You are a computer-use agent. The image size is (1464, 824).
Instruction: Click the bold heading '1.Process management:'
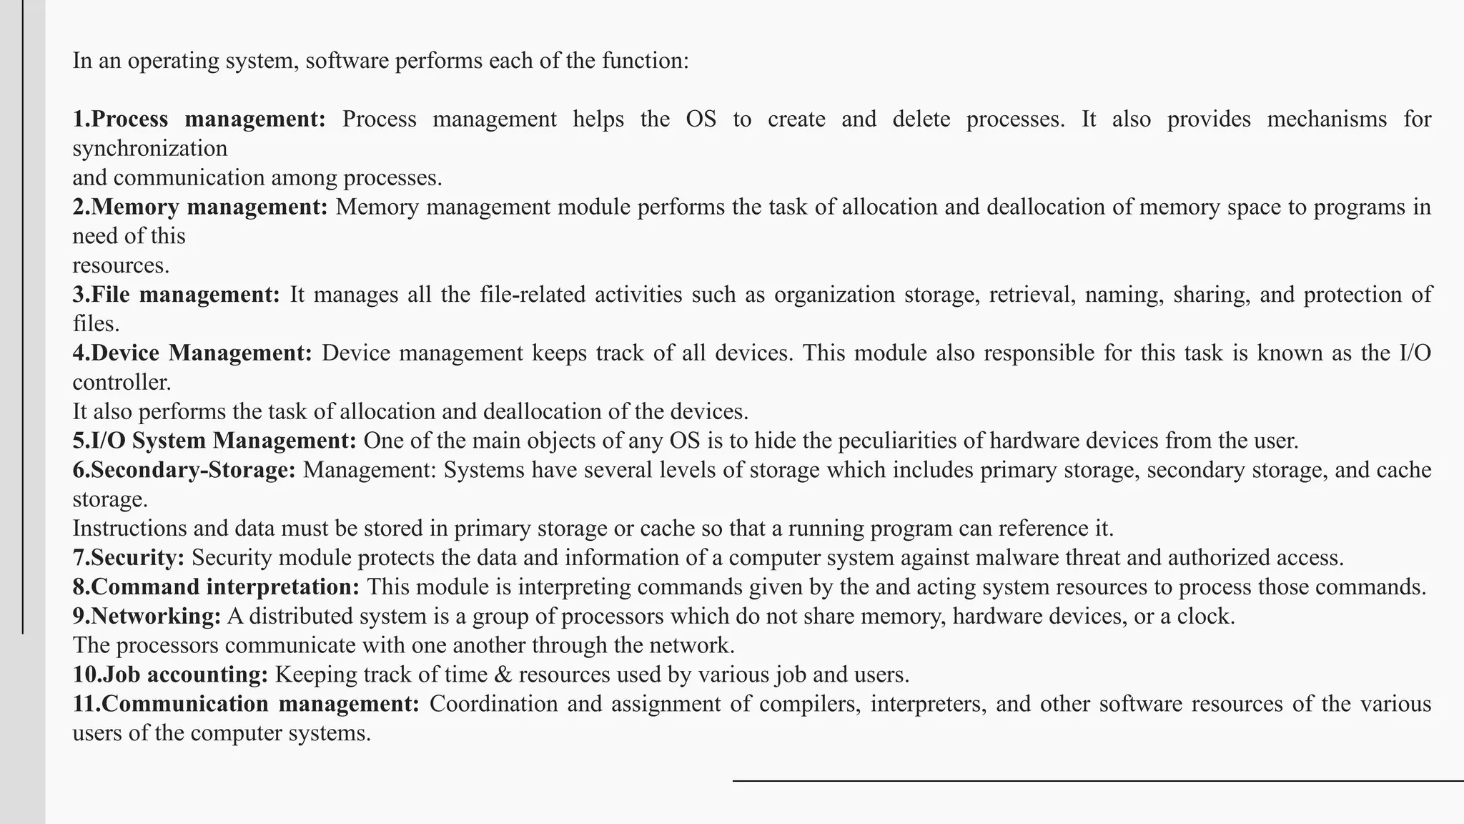click(x=199, y=119)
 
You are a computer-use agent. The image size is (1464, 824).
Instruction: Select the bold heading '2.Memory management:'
click(x=200, y=207)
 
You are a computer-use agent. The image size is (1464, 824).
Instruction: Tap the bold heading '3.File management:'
click(x=177, y=295)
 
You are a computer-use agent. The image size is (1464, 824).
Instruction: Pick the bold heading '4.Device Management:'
click(x=192, y=353)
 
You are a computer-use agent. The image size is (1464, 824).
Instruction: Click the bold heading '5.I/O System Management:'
click(x=214, y=441)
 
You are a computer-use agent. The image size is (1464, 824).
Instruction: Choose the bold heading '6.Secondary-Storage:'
click(x=184, y=470)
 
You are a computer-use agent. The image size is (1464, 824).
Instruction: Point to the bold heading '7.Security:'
click(x=129, y=558)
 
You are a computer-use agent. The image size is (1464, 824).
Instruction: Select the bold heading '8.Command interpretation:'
click(x=216, y=587)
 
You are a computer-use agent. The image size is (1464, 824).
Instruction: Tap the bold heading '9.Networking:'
click(x=147, y=617)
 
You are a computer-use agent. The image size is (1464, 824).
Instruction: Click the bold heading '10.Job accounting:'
click(x=170, y=675)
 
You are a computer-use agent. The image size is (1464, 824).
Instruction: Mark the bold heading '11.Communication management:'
click(x=246, y=704)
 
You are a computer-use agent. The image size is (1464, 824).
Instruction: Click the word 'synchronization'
click(x=150, y=148)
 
